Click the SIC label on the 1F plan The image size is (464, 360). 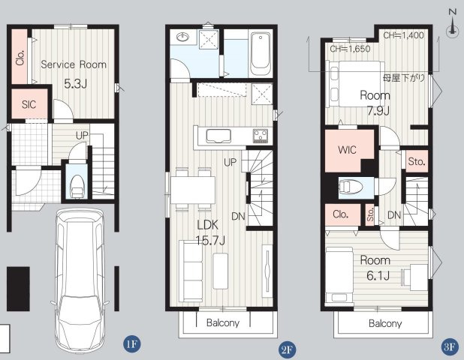[x=29, y=104]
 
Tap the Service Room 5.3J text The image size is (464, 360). [x=74, y=74]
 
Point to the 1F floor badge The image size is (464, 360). [x=131, y=343]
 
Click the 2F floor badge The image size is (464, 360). [x=287, y=350]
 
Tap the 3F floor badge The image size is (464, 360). [x=450, y=346]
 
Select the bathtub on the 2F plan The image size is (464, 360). [x=261, y=54]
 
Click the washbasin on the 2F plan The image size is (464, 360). [x=183, y=37]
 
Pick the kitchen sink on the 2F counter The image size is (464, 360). [x=218, y=136]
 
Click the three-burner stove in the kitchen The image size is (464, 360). [x=261, y=136]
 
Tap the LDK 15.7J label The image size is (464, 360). [x=210, y=233]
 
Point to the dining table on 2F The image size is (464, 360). [x=193, y=190]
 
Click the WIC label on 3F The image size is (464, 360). [x=347, y=150]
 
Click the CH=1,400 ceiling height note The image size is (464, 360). [x=404, y=35]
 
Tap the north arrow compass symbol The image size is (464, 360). [x=452, y=25]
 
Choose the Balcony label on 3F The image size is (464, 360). [x=385, y=323]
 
